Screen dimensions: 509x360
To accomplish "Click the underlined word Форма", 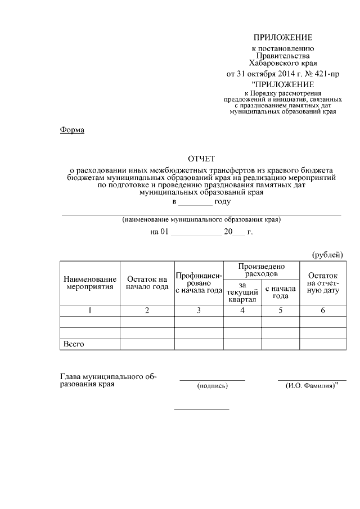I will [x=72, y=130].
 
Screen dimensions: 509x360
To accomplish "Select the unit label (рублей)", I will [x=327, y=255].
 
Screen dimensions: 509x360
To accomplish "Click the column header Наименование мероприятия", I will [x=90, y=283].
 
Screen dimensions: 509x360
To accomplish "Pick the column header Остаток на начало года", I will [x=147, y=283].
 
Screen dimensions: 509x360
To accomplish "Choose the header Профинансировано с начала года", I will [x=199, y=283].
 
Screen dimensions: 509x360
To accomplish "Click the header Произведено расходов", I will [x=262, y=270].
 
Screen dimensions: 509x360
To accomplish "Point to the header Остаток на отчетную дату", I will [x=323, y=283].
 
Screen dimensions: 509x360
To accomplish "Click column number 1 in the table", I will [x=90, y=310].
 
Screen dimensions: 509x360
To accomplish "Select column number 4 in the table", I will [x=242, y=310].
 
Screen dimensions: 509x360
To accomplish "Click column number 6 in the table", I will [x=323, y=310].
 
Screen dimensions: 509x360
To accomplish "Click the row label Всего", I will [x=74, y=344].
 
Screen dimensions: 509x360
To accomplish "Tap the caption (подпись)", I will [x=212, y=386].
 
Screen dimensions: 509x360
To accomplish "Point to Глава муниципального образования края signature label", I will [x=108, y=381].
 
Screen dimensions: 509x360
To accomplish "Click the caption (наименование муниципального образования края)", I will [x=201, y=220].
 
